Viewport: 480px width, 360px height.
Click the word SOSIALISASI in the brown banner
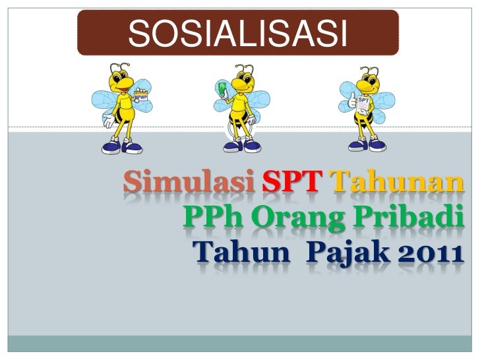pos(237,32)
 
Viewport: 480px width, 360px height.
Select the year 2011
pos(431,251)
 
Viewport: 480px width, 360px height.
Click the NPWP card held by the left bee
pos(141,97)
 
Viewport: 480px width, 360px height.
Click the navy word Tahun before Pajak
pos(235,251)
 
